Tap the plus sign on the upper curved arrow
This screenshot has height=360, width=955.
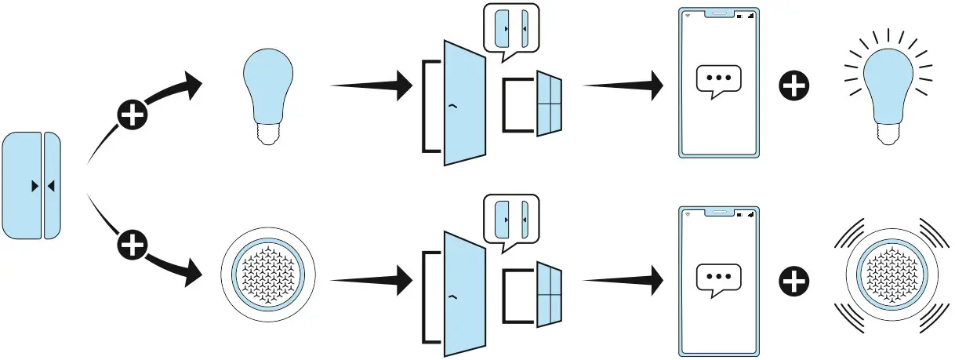pyautogui.click(x=133, y=115)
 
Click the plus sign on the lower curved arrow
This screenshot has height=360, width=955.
pyautogui.click(x=133, y=246)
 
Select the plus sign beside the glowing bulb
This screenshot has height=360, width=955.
pyautogui.click(x=796, y=85)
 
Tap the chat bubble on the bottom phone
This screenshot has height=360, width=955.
pyautogui.click(x=718, y=279)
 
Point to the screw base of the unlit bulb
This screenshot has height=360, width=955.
pyautogui.click(x=268, y=135)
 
